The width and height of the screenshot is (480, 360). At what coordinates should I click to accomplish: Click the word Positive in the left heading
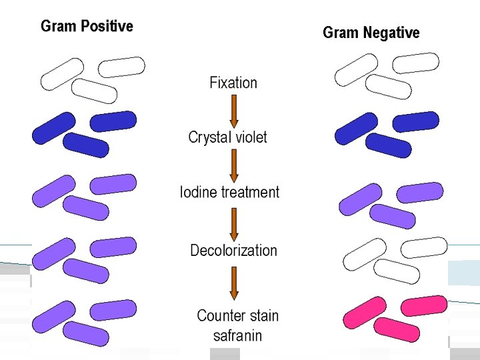(x=107, y=27)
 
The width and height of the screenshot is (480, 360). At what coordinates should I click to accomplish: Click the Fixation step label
(x=233, y=83)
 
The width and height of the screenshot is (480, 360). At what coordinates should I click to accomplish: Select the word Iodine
(x=199, y=193)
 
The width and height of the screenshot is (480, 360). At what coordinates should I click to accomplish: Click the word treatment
(x=250, y=193)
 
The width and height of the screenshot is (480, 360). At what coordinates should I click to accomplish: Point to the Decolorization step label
(x=233, y=251)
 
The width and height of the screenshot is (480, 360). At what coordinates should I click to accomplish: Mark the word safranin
(x=237, y=335)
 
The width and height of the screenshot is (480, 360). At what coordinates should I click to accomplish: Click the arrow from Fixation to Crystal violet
(x=234, y=111)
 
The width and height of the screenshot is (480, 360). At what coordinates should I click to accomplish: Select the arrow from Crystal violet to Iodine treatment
(x=234, y=166)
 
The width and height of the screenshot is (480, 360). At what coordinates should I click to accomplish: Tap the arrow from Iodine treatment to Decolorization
(x=234, y=224)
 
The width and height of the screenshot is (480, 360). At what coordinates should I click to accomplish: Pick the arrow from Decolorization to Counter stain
(x=234, y=283)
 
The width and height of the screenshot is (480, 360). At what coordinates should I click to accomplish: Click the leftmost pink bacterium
(x=364, y=313)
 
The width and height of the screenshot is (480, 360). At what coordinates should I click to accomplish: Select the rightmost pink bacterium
(x=425, y=306)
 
